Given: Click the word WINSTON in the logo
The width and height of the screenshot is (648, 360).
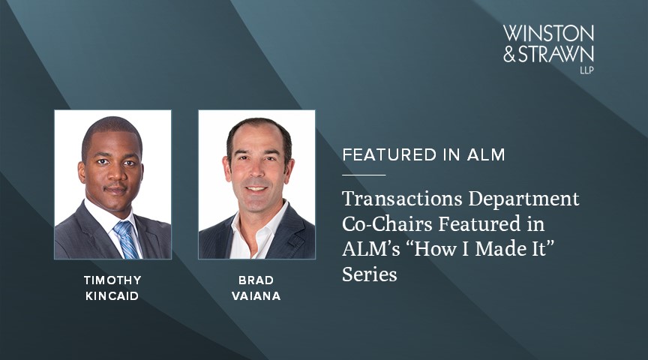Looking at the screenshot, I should [548, 34].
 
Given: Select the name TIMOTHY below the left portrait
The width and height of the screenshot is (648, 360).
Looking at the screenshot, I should [112, 280].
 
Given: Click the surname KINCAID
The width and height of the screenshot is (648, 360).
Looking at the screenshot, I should [112, 295].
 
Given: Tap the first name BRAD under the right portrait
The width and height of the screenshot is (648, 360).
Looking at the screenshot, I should [256, 280].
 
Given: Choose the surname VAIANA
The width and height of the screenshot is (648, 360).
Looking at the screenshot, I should [256, 295].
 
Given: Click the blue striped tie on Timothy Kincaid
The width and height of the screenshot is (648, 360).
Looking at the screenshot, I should [125, 238].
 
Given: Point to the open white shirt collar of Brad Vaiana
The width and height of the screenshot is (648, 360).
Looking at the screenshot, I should [252, 229].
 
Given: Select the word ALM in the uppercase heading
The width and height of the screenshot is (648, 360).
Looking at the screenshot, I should [486, 155].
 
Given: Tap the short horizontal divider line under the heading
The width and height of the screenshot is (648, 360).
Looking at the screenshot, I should [364, 175].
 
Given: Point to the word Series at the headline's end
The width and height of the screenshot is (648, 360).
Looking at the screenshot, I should [370, 275].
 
